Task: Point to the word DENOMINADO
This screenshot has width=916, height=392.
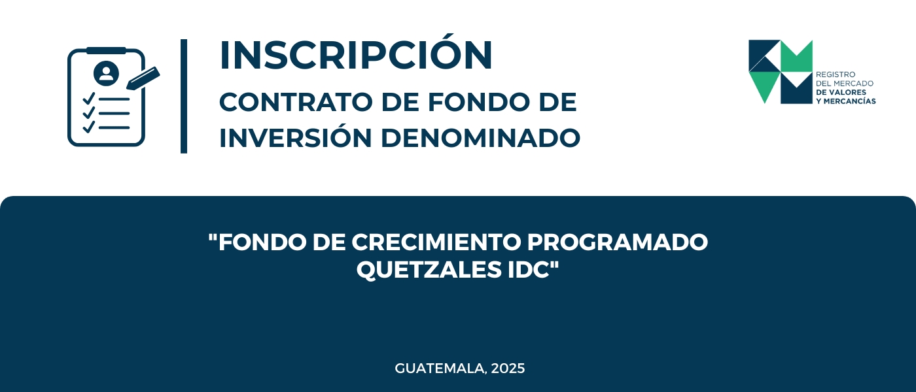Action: pyautogui.click(x=480, y=138)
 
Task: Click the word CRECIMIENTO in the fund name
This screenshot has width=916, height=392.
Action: pyautogui.click(x=436, y=242)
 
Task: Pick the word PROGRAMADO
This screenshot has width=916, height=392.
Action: pyautogui.click(x=618, y=242)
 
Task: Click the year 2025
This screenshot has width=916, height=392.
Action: pyautogui.click(x=508, y=368)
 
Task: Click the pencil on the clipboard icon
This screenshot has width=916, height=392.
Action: pyautogui.click(x=143, y=78)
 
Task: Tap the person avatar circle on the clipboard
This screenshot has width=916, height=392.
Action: pyautogui.click(x=106, y=73)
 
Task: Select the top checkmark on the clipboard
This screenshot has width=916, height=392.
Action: pyautogui.click(x=89, y=99)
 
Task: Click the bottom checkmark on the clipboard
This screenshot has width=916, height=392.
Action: pyautogui.click(x=89, y=127)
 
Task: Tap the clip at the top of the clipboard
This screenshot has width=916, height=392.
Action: pyautogui.click(x=106, y=51)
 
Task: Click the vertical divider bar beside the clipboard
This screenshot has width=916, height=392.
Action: pyautogui.click(x=184, y=97)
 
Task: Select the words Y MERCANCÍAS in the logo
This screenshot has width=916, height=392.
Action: pyautogui.click(x=845, y=101)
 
